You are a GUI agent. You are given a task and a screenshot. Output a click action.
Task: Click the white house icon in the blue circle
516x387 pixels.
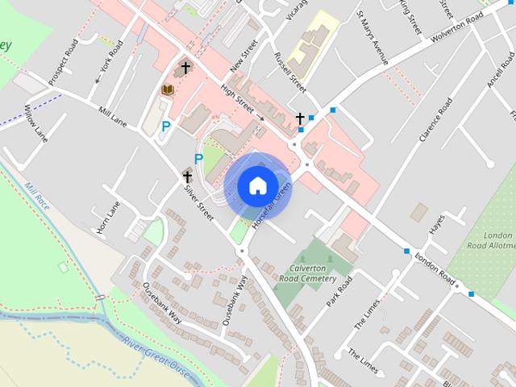tap(257, 186)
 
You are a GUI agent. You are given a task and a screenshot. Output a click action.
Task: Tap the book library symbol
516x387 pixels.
tap(169, 89)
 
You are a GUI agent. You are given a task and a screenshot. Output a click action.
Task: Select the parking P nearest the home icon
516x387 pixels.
tap(198, 159)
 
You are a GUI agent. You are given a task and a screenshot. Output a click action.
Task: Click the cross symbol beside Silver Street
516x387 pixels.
tap(187, 177)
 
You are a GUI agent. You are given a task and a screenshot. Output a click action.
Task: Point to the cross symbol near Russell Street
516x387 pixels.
tap(300, 119)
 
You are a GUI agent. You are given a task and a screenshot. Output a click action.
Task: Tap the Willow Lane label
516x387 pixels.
tap(36, 123)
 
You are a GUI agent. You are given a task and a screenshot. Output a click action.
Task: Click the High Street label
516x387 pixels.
tap(238, 102)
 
